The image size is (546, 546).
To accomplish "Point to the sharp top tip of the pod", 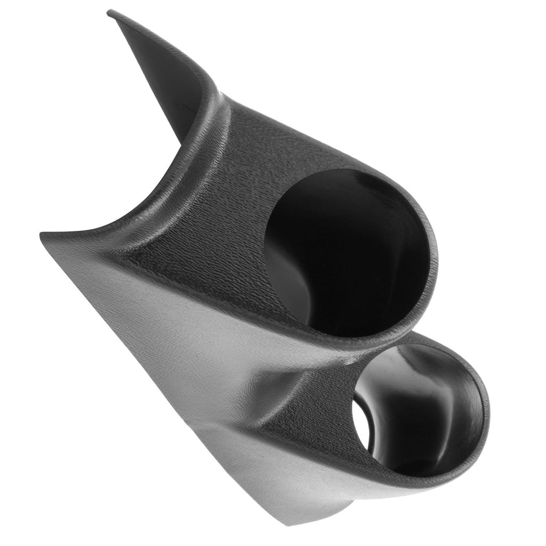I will (x=110, y=12).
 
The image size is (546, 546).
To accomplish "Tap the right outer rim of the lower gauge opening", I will (x=484, y=405).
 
